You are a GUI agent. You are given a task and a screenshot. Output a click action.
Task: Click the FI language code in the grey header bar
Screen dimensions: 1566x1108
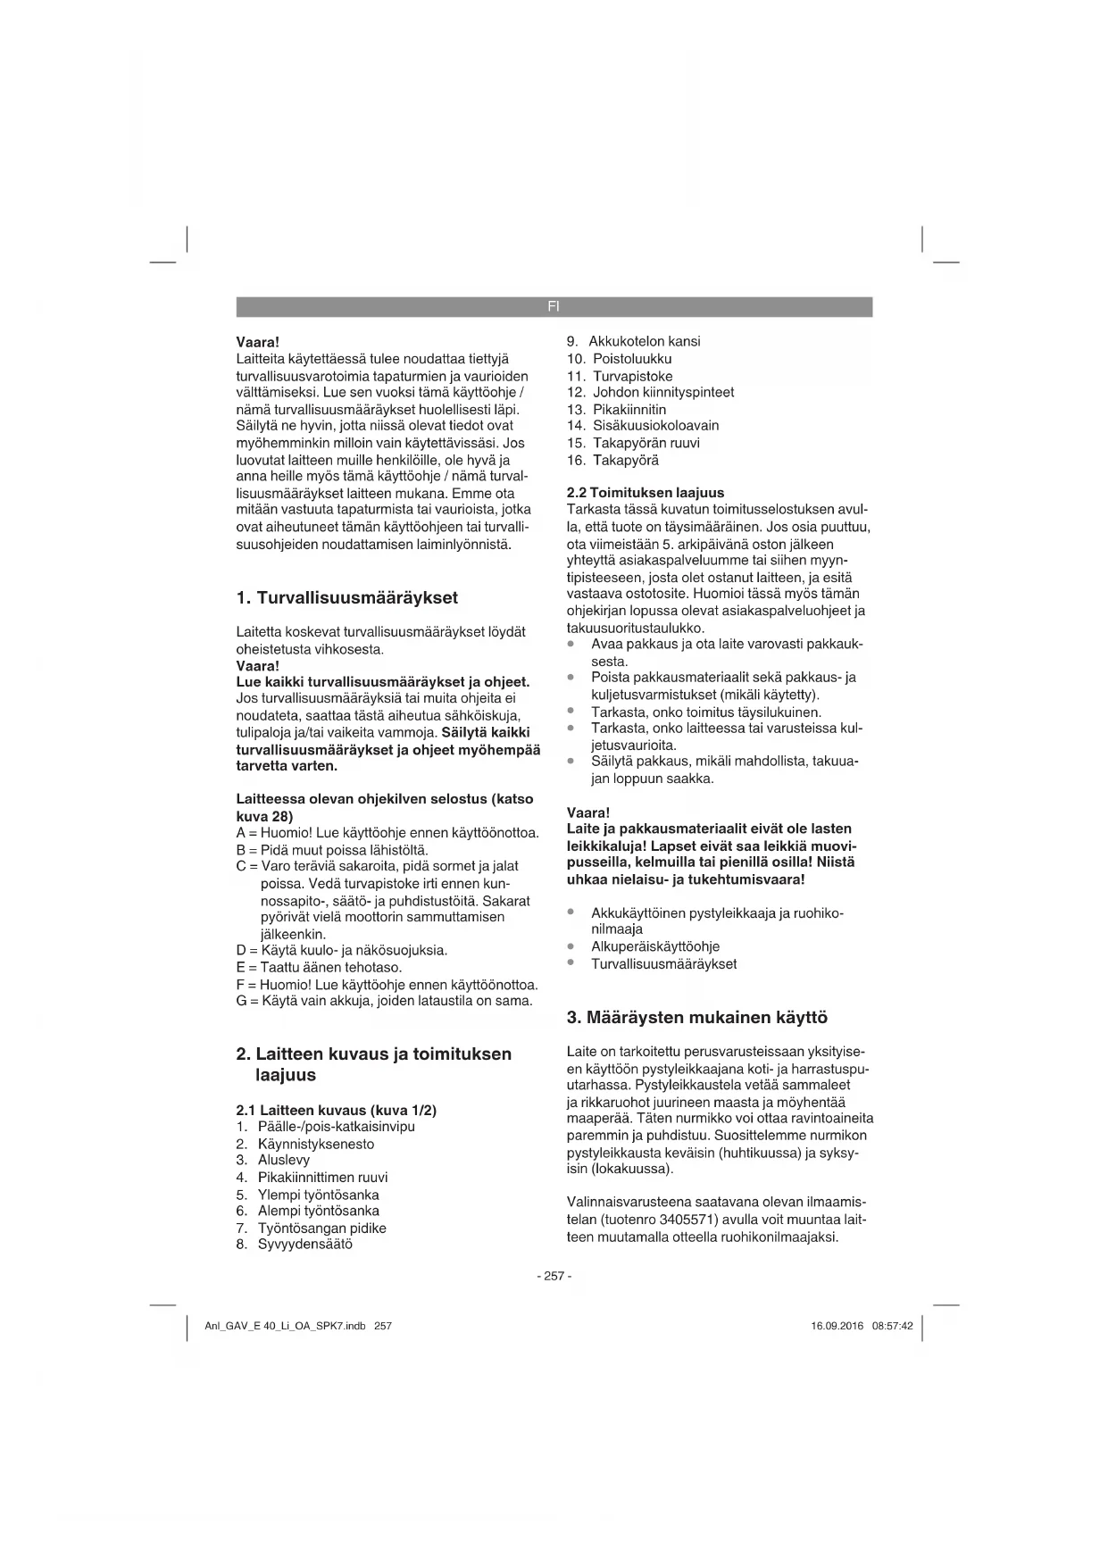click(x=554, y=306)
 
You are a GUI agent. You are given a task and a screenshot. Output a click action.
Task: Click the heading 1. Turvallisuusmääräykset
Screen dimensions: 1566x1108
click(x=346, y=597)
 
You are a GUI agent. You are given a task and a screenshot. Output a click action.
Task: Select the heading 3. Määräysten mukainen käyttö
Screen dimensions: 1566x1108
click(x=697, y=1017)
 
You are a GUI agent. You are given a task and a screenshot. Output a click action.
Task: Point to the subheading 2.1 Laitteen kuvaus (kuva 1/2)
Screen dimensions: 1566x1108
click(x=336, y=1110)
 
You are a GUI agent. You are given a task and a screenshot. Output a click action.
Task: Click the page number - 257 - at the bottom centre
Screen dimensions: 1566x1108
click(x=554, y=1276)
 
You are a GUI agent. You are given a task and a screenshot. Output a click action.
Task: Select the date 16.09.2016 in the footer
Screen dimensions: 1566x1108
click(x=837, y=1326)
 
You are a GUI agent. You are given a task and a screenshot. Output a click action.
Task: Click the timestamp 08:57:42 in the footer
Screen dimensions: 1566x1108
click(x=892, y=1326)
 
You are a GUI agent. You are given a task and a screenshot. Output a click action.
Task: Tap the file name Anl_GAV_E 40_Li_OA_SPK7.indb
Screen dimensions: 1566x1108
click(x=285, y=1326)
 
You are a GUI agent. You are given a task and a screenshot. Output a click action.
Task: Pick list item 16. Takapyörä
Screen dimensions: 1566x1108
click(x=612, y=460)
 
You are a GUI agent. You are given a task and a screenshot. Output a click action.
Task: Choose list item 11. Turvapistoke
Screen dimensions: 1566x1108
click(x=620, y=376)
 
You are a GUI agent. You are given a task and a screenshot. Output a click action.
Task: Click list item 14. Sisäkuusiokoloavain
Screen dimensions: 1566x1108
click(x=642, y=426)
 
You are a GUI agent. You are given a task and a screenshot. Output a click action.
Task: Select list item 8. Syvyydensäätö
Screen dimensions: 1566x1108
click(x=295, y=1244)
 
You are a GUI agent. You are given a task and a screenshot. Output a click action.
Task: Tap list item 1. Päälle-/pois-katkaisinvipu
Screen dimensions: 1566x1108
click(x=326, y=1126)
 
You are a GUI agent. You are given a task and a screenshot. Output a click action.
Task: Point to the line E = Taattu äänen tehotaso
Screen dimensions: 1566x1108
click(x=320, y=967)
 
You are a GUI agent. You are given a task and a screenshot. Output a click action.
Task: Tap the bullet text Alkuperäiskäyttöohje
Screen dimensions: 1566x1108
click(x=655, y=946)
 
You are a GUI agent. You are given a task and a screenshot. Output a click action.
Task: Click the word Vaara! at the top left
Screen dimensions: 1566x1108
click(x=258, y=341)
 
